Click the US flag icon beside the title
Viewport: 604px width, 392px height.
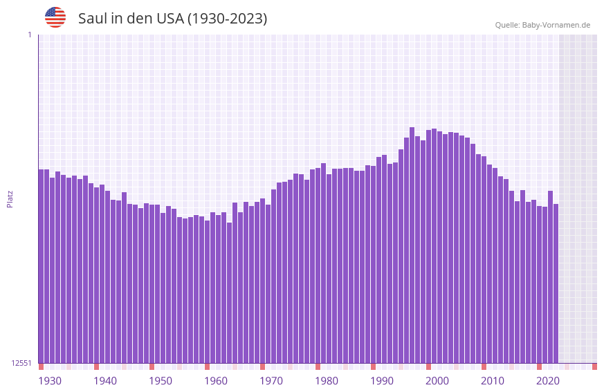pyautogui.click(x=55, y=17)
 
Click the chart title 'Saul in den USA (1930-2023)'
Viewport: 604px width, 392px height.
pyautogui.click(x=172, y=19)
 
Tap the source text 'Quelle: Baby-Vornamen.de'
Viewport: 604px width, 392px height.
pyautogui.click(x=542, y=25)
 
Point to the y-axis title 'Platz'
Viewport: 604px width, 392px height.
pyautogui.click(x=10, y=198)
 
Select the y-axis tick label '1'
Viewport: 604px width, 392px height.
pyautogui.click(x=29, y=35)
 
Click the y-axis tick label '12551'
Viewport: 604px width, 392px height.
pyautogui.click(x=20, y=363)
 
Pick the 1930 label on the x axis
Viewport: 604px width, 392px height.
pyautogui.click(x=50, y=381)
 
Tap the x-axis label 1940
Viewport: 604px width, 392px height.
pyautogui.click(x=105, y=381)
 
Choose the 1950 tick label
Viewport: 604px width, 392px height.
pyautogui.click(x=161, y=381)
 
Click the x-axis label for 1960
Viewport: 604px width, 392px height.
pyautogui.click(x=216, y=381)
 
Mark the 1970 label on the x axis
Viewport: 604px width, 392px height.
pyautogui.click(x=271, y=381)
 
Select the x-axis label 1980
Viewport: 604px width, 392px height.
pyautogui.click(x=327, y=381)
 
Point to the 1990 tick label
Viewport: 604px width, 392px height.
pyautogui.click(x=382, y=381)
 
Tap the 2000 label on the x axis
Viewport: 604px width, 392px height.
pyautogui.click(x=437, y=381)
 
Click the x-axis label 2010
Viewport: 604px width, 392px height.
pyautogui.click(x=493, y=381)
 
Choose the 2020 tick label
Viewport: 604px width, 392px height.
pyautogui.click(x=548, y=381)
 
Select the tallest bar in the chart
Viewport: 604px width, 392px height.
pyautogui.click(x=412, y=242)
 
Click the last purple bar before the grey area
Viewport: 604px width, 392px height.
pyautogui.click(x=556, y=283)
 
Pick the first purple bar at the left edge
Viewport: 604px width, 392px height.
pyautogui.click(x=41, y=266)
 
